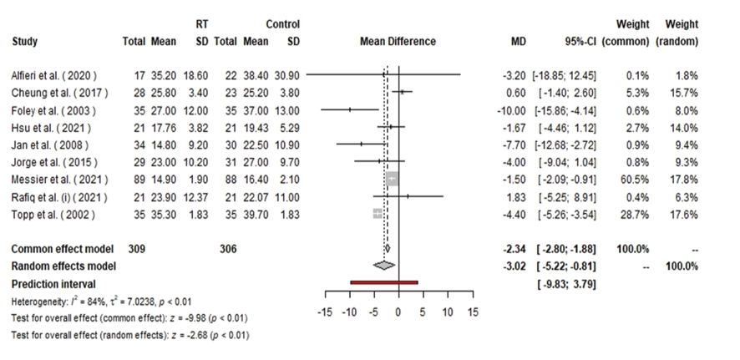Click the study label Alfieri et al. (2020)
(x=49, y=74)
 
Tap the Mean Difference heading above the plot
(x=397, y=40)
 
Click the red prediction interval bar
(x=384, y=283)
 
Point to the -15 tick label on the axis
(x=327, y=312)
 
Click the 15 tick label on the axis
(x=472, y=312)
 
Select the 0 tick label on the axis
(x=398, y=312)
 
